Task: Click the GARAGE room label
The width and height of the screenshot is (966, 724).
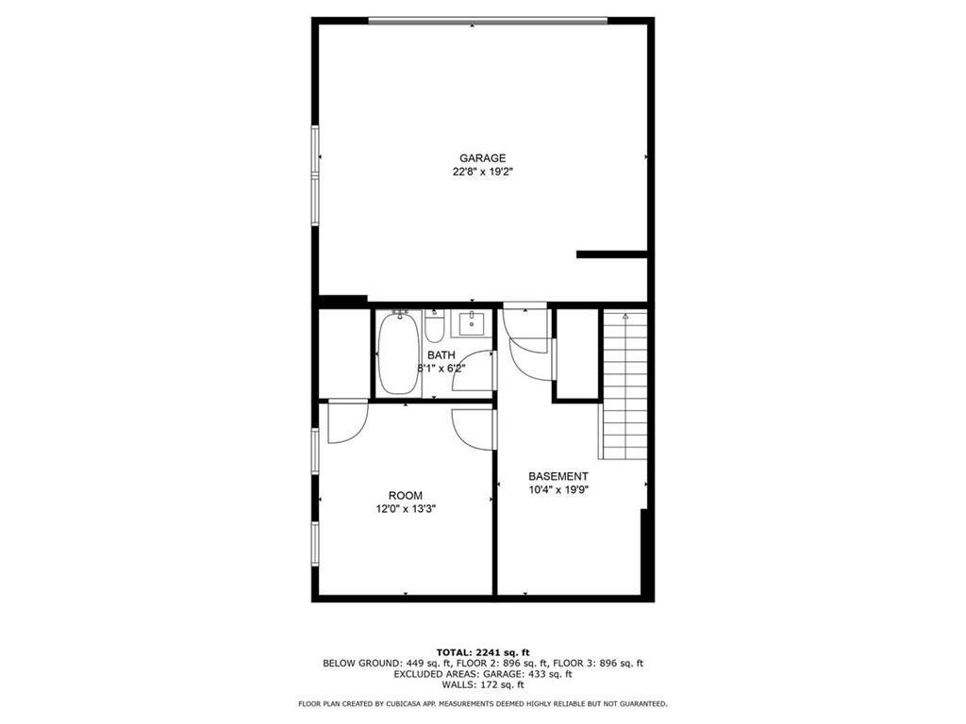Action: coord(483,158)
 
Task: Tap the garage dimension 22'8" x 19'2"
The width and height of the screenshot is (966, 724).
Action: coord(483,173)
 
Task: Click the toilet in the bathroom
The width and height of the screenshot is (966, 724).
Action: coord(434,327)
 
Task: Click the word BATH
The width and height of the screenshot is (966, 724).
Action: coord(441,355)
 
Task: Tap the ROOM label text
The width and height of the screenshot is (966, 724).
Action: coord(406,496)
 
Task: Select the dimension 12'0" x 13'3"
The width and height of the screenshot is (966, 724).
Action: coord(406,509)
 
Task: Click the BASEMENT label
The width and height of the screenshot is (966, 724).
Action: coord(558,476)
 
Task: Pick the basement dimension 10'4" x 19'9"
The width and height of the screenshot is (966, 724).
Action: coord(558,490)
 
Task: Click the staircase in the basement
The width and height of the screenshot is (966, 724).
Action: coord(625,387)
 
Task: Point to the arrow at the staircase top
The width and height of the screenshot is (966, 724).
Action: coord(625,318)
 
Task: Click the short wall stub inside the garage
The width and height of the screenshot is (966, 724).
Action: coord(611,254)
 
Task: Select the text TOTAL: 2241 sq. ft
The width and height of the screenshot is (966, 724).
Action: coord(483,652)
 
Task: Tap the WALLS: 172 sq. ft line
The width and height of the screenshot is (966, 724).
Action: coord(483,685)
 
